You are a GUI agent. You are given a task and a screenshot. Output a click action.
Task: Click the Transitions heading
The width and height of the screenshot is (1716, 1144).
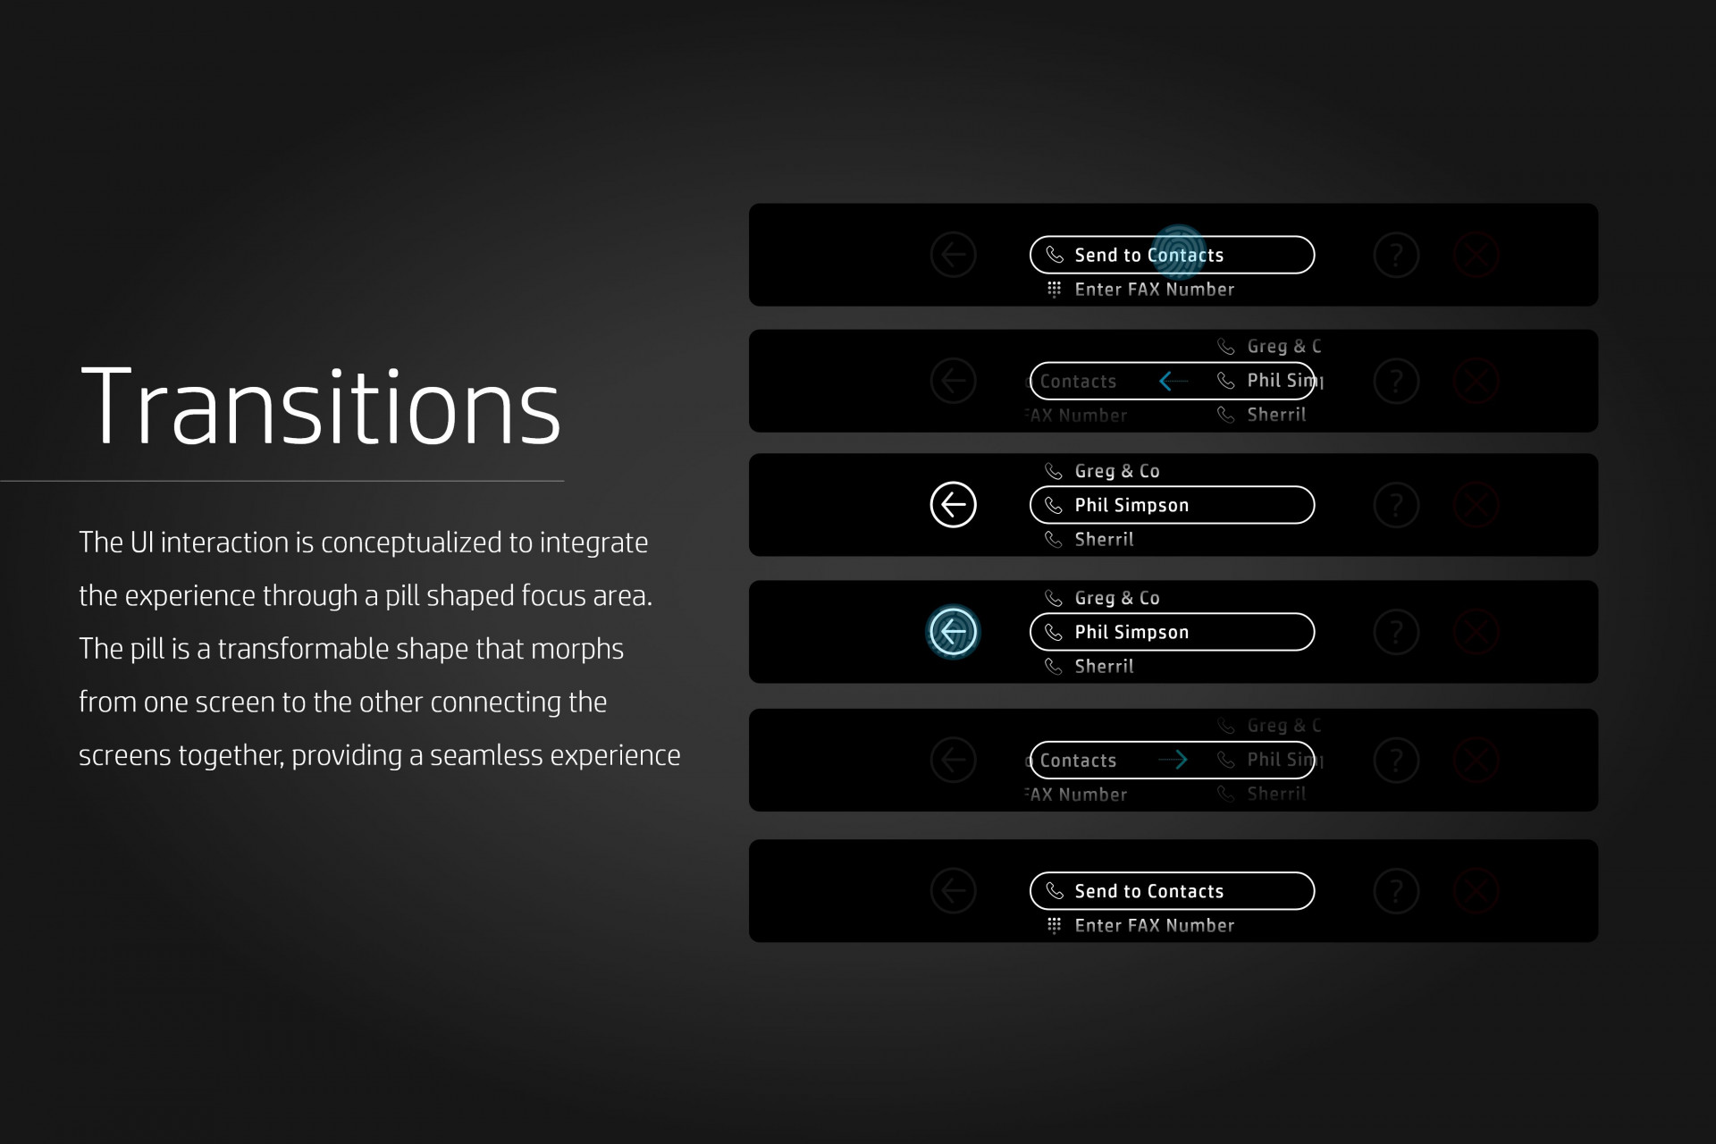[x=321, y=407]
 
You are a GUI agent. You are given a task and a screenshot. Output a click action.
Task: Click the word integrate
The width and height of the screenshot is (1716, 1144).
[x=593, y=543]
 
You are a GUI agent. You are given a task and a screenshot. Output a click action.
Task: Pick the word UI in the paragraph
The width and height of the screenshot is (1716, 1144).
[x=142, y=543]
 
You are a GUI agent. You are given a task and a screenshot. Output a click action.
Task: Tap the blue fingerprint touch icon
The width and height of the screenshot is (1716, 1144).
[x=1179, y=251]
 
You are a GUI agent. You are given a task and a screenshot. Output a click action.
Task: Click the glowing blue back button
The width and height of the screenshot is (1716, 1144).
[x=953, y=632]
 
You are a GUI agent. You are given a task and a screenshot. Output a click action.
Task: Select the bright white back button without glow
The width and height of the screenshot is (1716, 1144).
[x=953, y=505]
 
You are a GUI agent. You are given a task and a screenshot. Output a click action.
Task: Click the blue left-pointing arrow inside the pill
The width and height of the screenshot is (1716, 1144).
[x=1173, y=381]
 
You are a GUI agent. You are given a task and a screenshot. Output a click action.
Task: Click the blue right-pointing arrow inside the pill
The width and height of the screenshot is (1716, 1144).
[x=1173, y=760]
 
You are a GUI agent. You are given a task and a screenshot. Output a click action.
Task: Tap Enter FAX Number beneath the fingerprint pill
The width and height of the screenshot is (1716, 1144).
[x=1154, y=290]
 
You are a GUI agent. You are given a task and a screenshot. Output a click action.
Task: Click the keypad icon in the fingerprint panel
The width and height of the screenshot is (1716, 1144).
[x=1054, y=290]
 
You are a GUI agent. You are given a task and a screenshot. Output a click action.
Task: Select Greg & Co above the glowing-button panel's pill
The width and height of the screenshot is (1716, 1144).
[x=1116, y=598]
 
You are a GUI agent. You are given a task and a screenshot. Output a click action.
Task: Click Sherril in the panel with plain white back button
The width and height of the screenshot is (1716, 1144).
[x=1104, y=540]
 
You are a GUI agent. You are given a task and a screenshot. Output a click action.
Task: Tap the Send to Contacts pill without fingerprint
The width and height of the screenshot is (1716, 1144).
[x=1172, y=891]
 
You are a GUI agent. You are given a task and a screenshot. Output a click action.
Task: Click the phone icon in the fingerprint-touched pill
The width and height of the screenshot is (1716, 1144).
[x=1055, y=256]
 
